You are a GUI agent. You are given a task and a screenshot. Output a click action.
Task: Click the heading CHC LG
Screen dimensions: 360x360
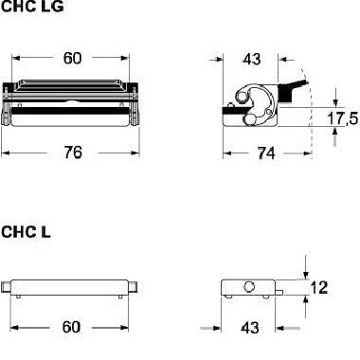tap(32, 7)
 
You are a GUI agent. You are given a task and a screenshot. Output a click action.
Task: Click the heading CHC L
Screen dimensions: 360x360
tap(26, 232)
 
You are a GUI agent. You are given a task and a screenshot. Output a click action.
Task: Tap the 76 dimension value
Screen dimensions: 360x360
tap(73, 153)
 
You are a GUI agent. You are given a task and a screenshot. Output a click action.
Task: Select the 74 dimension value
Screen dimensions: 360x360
tap(266, 153)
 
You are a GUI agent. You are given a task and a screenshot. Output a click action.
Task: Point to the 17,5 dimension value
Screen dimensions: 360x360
tap(343, 118)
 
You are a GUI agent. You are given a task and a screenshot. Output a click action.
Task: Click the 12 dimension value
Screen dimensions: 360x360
tap(319, 288)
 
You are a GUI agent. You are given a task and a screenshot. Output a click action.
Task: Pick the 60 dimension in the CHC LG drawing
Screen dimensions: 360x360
tap(72, 58)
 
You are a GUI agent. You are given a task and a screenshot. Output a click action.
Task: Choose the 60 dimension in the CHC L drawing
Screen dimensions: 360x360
tap(71, 327)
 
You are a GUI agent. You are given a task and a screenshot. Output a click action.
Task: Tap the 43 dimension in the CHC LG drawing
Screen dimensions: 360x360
tap(252, 59)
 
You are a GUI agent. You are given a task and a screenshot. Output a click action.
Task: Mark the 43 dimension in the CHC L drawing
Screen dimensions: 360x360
tap(250, 328)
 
